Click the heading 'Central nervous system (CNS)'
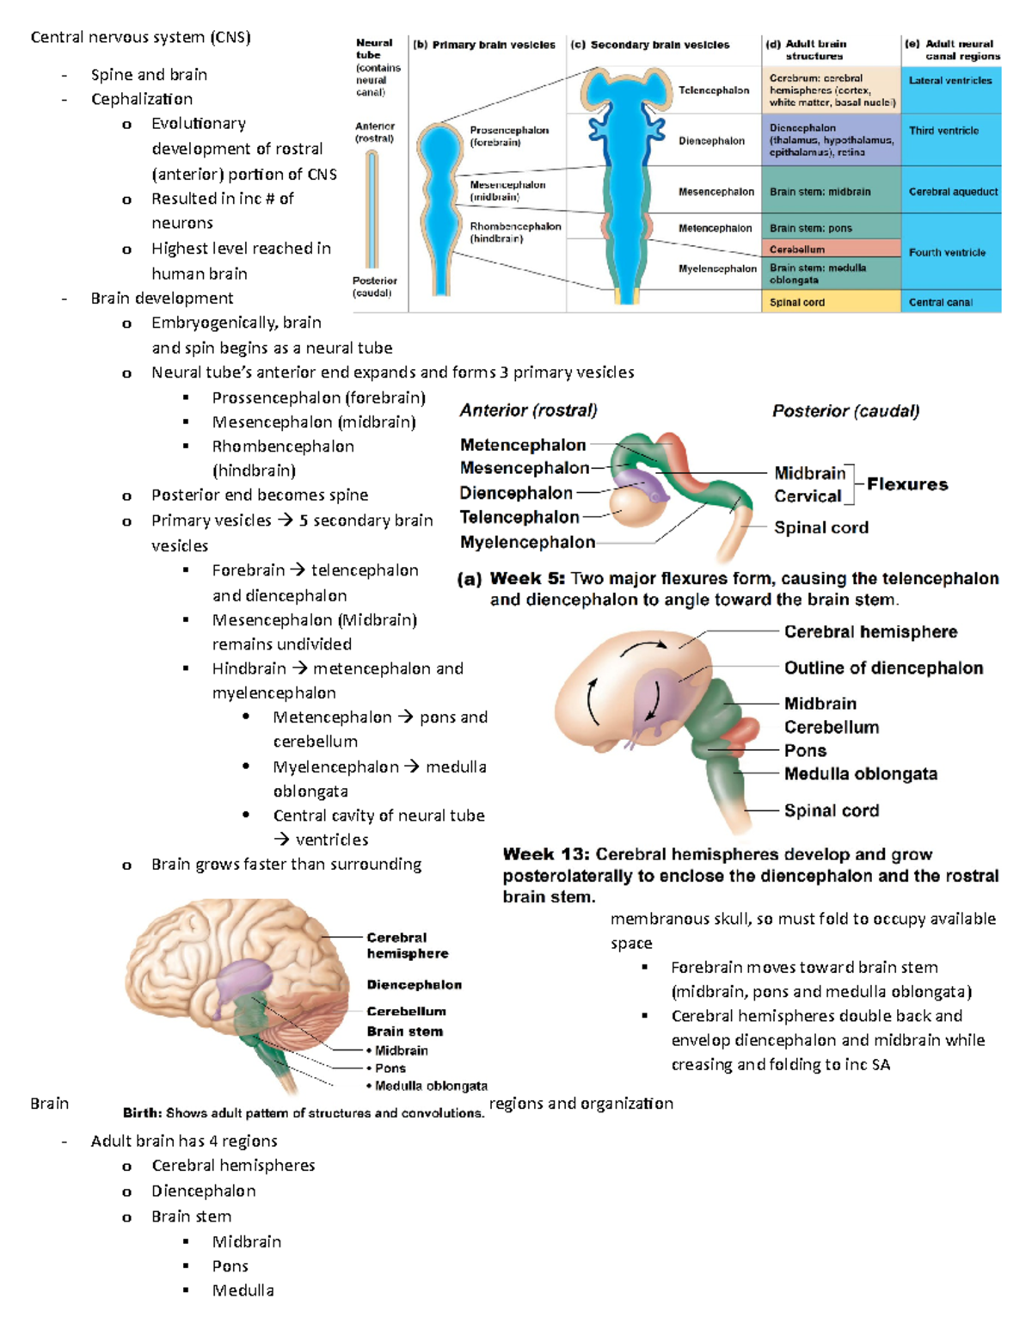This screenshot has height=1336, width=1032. tap(140, 37)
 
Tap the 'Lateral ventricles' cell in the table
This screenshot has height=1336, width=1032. tap(949, 80)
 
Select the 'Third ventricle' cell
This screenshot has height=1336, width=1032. tap(943, 131)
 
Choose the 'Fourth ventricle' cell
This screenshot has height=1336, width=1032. tap(947, 252)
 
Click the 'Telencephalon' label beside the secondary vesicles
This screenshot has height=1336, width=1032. tap(713, 89)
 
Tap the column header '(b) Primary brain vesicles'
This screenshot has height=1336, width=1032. tap(484, 45)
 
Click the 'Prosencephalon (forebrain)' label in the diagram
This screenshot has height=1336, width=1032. tap(508, 136)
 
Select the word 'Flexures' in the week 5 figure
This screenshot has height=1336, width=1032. tap(906, 484)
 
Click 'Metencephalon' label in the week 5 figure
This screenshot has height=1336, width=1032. tap(522, 445)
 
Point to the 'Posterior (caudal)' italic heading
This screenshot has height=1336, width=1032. tap(845, 411)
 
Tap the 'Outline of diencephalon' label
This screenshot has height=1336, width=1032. tap(882, 668)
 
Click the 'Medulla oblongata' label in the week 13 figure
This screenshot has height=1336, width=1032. tap(860, 773)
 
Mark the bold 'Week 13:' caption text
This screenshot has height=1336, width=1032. tap(546, 854)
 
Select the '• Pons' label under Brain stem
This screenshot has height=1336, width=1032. tap(390, 1068)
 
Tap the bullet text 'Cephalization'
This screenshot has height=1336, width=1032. tap(142, 99)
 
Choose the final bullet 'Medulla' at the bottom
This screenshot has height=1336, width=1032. tap(243, 1290)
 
